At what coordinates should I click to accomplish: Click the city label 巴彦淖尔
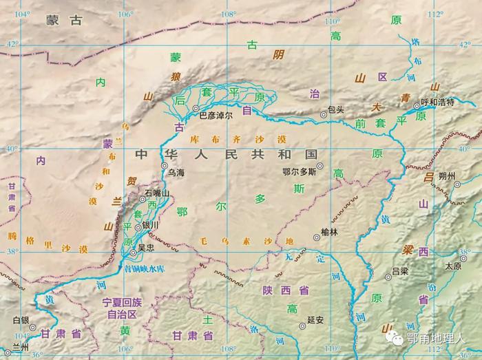[216, 116]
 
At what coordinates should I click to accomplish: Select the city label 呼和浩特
[438, 102]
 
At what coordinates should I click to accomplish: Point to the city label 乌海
[176, 173]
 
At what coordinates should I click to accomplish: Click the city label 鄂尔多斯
[299, 171]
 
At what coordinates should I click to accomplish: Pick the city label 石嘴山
[157, 193]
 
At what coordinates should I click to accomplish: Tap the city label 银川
[150, 226]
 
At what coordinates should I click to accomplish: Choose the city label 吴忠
[145, 246]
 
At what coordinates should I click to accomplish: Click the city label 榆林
[330, 233]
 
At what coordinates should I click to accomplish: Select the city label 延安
[315, 319]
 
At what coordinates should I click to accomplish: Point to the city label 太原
[453, 266]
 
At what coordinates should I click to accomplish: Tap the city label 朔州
[447, 176]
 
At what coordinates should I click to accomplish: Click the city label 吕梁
[399, 271]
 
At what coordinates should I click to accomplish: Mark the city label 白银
[21, 320]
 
